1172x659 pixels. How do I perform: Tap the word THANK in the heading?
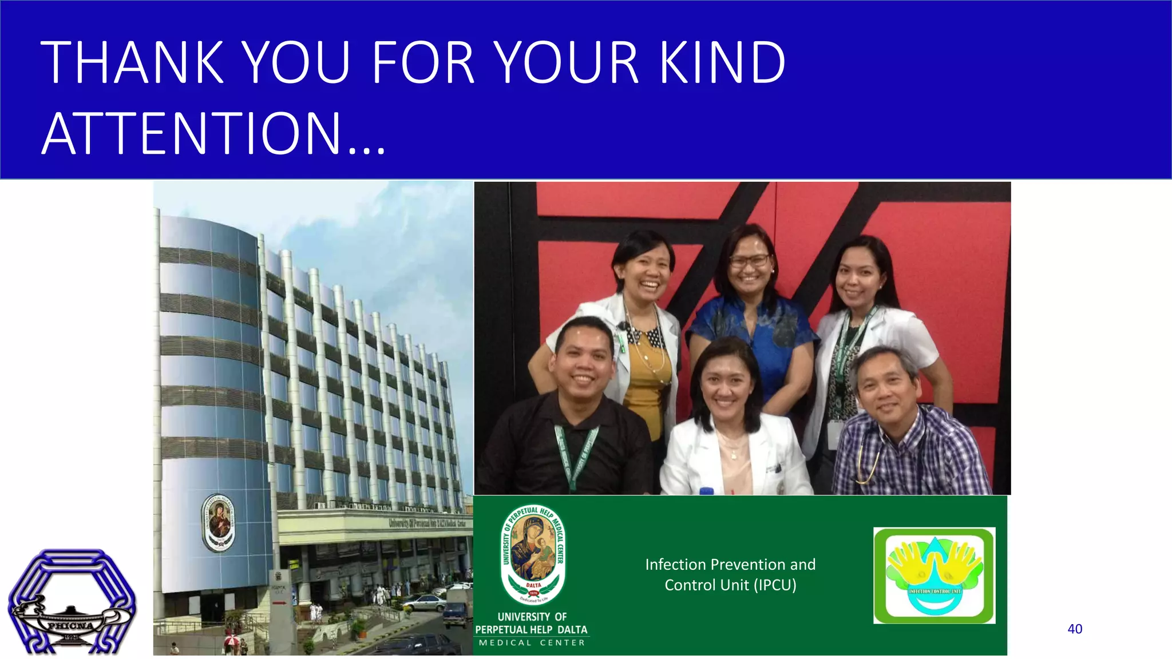coord(132,62)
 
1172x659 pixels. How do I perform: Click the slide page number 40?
coord(1075,629)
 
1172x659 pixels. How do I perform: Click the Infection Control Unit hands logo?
coord(934,575)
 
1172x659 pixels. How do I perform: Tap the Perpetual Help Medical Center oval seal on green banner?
coord(533,555)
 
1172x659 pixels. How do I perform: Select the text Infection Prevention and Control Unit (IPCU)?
coord(730,574)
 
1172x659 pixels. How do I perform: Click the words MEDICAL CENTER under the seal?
coord(532,643)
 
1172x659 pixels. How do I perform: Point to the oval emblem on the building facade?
coord(219,523)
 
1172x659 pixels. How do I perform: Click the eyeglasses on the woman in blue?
coord(749,261)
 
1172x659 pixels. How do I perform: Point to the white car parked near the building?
coord(423,602)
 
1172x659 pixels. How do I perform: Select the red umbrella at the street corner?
coord(232,640)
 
